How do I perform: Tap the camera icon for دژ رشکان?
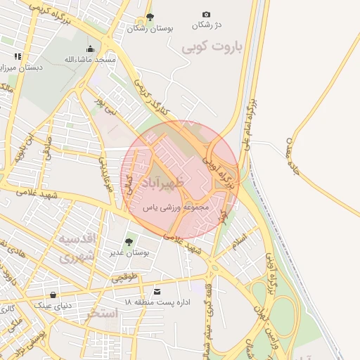click(x=206, y=14)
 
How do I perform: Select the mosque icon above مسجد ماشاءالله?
click(x=90, y=49)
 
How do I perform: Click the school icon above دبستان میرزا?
click(x=18, y=56)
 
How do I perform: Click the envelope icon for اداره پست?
click(x=157, y=291)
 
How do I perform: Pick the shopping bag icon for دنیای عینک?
click(x=53, y=295)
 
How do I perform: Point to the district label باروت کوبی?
click(x=211, y=47)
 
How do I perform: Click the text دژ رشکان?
click(x=207, y=25)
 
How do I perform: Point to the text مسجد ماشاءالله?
click(x=89, y=60)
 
